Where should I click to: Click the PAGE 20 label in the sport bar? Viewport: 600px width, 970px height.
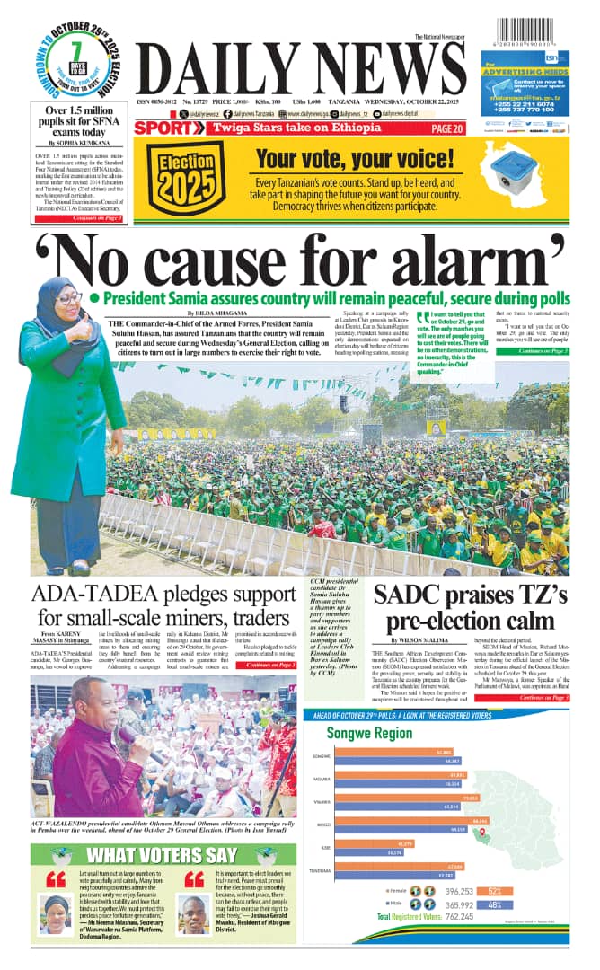446,128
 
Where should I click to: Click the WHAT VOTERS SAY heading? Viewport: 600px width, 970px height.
162,854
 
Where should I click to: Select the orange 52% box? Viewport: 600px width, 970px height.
495,891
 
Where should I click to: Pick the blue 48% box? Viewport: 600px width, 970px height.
495,904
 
